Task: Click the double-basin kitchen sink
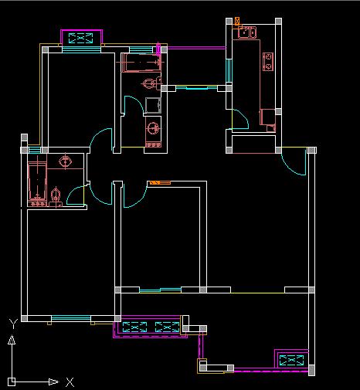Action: tap(246, 32)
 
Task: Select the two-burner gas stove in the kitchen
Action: tap(268, 62)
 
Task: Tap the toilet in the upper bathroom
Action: tap(151, 83)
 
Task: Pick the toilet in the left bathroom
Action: tap(56, 197)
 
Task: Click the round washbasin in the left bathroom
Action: tap(65, 161)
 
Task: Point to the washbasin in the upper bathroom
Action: tap(154, 127)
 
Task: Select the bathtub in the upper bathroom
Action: tap(141, 63)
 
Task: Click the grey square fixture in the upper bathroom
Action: tap(153, 106)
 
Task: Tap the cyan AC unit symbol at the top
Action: tap(81, 38)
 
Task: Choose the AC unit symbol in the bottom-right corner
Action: tap(291, 360)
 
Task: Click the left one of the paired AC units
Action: tap(134, 327)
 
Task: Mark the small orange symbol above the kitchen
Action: tap(237, 21)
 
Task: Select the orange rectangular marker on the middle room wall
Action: tap(160, 183)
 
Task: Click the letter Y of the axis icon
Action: tap(13, 324)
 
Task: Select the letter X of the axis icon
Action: tap(70, 382)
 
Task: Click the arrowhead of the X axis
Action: tap(53, 382)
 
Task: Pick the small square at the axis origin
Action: tap(12, 382)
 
